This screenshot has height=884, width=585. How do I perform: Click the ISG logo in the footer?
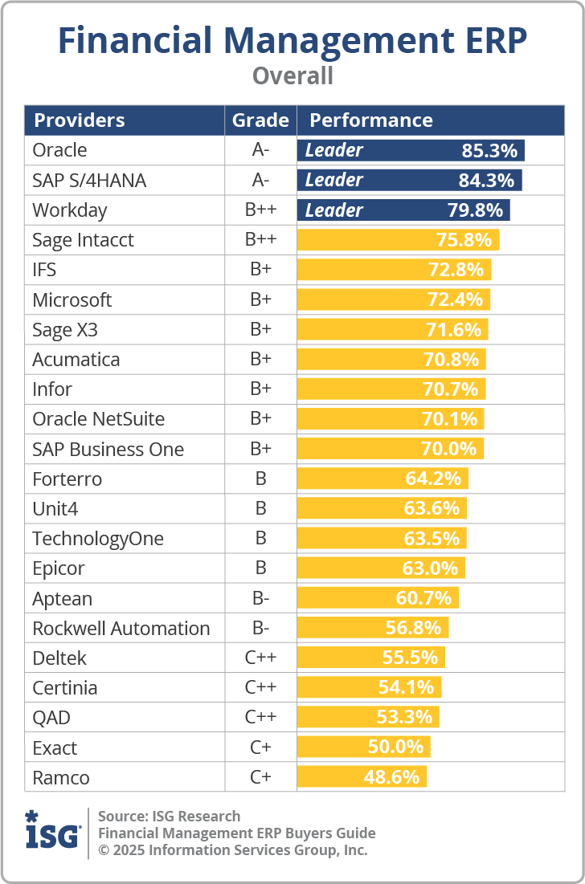[x=53, y=831]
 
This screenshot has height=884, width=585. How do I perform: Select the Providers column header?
[x=79, y=120]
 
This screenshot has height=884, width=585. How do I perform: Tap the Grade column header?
[x=260, y=120]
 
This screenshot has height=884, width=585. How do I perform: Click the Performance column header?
[x=371, y=120]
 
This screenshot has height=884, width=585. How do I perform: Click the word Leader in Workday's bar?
[x=334, y=210]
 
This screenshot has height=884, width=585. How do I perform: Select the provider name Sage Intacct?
[x=83, y=240]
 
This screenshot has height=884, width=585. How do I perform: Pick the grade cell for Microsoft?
[x=260, y=300]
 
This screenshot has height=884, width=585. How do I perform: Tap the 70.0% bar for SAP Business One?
[x=390, y=449]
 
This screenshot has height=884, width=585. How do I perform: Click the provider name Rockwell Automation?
[x=121, y=629]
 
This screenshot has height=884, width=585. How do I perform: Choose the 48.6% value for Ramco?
[x=392, y=777]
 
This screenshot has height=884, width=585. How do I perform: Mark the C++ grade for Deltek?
[x=260, y=658]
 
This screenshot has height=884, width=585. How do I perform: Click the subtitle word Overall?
[x=292, y=75]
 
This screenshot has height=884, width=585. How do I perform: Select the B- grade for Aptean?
[x=260, y=599]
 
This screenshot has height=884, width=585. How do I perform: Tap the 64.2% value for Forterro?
[x=434, y=479]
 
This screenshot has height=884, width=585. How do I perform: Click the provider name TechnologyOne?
[x=97, y=539]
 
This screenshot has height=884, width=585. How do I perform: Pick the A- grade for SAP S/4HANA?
[x=260, y=181]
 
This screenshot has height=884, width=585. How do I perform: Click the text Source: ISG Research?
[x=169, y=817]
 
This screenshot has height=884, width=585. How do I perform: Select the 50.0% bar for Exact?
[x=363, y=748]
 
